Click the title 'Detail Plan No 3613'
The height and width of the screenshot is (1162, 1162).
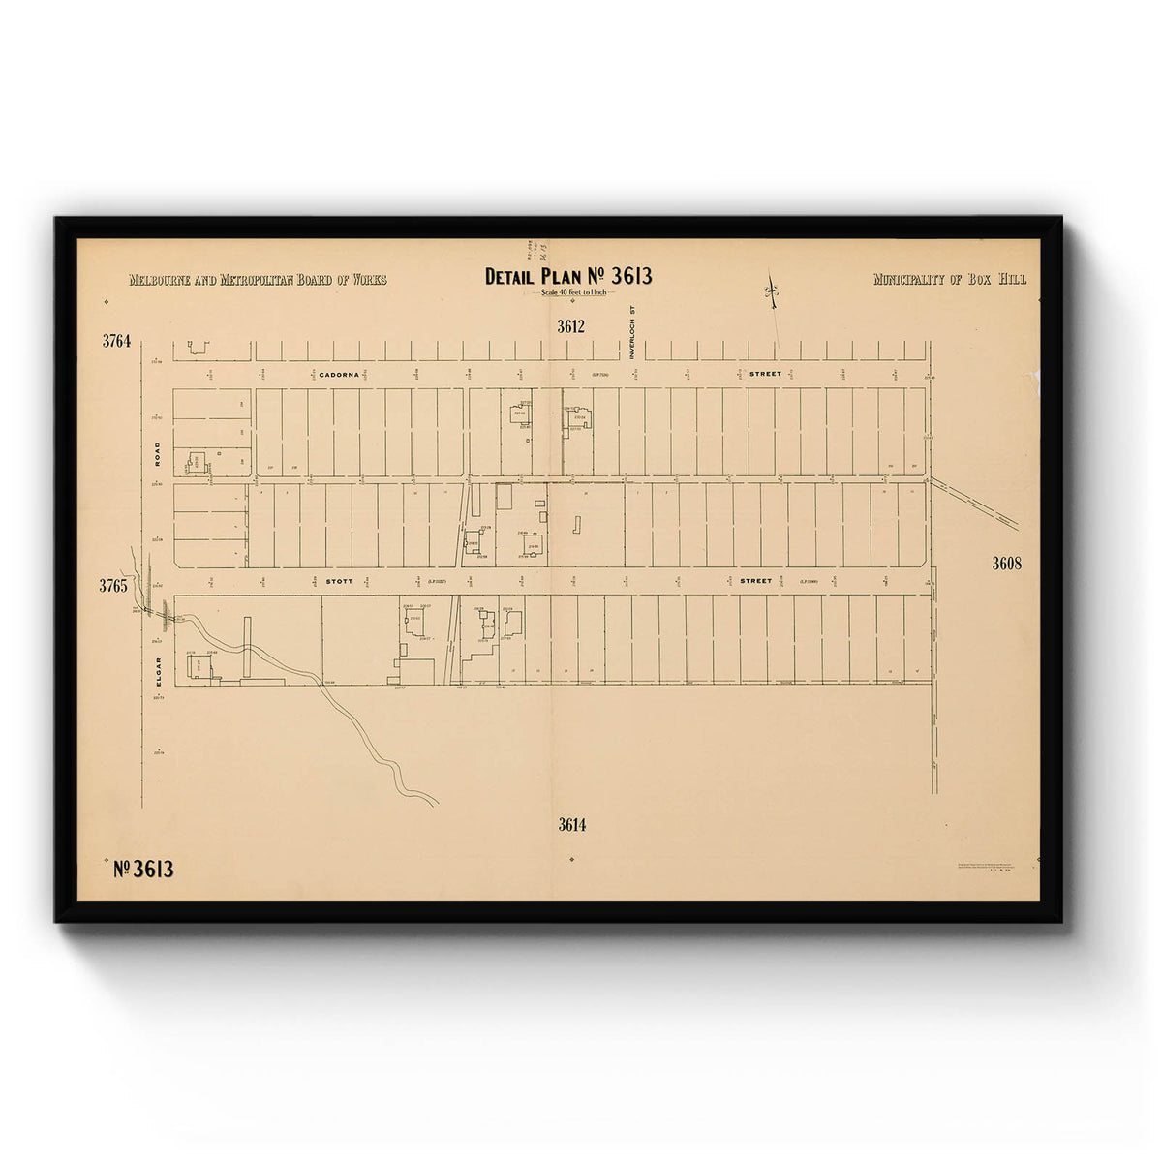coord(568,277)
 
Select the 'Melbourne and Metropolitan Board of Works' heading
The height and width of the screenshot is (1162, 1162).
coord(258,280)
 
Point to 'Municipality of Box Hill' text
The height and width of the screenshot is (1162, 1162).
coord(950,280)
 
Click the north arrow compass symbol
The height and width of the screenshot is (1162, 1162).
coord(772,290)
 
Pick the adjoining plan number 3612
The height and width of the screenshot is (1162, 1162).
coord(571,326)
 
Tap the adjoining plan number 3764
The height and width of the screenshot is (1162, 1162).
coord(115,341)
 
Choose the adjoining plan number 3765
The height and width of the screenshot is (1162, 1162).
coord(115,586)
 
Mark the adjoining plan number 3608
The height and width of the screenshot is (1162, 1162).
coord(1007,563)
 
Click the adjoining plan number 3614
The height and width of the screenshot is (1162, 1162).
coord(572,825)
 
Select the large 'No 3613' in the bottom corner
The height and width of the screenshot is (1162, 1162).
coord(143,869)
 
